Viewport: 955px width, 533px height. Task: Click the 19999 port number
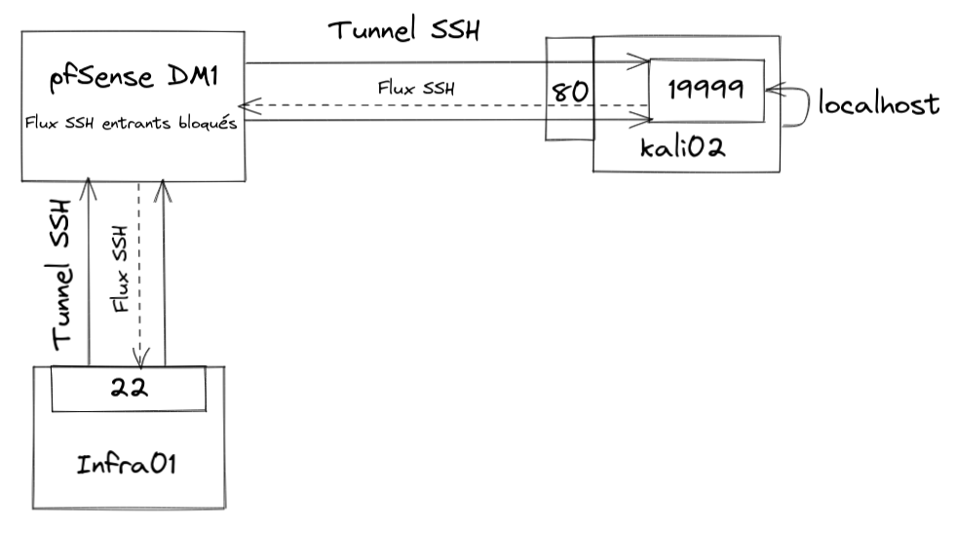point(707,89)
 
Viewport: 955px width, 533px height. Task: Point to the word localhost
point(879,104)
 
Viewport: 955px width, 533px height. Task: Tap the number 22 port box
point(128,388)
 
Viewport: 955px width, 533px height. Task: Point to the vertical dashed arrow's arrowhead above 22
point(140,357)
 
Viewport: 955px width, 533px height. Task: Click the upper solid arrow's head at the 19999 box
point(643,65)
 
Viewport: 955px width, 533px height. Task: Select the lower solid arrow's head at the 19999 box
point(643,119)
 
